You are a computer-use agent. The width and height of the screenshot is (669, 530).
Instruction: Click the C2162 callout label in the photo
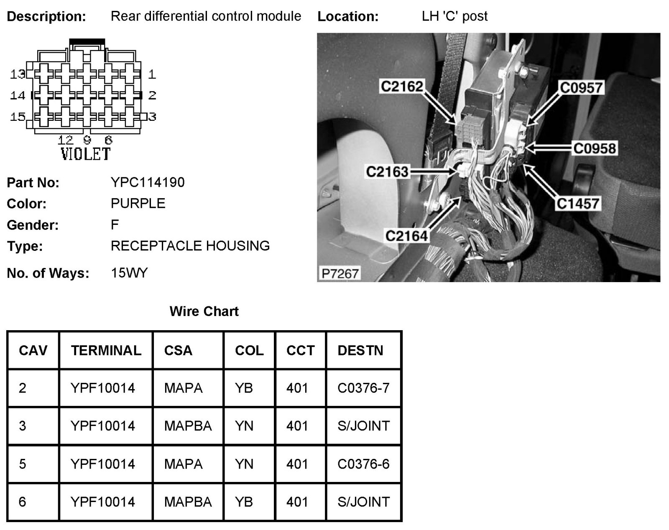pos(402,86)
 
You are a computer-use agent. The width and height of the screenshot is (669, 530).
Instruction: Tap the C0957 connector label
pos(581,88)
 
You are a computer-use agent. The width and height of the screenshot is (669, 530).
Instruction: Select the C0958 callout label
pos(594,148)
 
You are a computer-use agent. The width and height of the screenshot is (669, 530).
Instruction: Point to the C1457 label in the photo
pos(578,204)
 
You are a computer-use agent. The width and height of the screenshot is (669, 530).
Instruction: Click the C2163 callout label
pos(387,171)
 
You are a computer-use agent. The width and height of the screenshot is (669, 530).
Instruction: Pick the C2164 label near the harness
pos(406,236)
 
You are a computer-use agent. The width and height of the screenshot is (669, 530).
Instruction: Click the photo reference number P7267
pos(340,273)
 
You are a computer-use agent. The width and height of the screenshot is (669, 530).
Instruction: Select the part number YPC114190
pos(148,182)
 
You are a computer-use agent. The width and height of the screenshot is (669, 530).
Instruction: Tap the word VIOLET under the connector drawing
pos(86,154)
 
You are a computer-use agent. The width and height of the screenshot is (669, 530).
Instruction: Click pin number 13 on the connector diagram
pos(18,74)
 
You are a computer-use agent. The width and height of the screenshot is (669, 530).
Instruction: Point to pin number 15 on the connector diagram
pos(18,117)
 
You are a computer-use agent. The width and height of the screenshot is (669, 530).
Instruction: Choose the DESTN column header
pos(360,350)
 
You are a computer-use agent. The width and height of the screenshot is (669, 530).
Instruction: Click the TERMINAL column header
pos(106,350)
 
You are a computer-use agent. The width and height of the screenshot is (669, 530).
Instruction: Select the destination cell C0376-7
pos(363,388)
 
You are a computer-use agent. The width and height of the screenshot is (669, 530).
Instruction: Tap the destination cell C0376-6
pos(363,464)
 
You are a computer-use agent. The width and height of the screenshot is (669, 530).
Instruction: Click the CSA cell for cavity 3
pos(188,426)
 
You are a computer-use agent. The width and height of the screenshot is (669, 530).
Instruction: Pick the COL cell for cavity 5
pos(244,464)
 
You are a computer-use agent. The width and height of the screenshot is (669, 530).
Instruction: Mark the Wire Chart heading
pos(204,311)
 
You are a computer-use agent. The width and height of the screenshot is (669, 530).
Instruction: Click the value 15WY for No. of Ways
pos(129,273)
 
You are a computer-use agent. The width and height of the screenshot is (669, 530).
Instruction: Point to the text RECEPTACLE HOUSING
pos(190,246)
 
